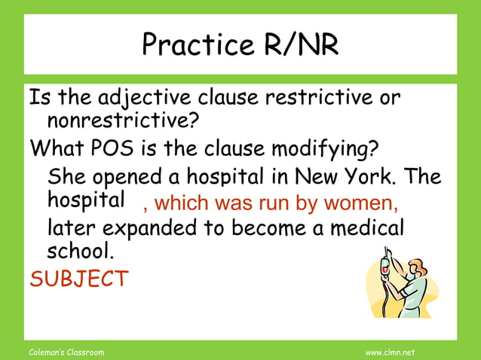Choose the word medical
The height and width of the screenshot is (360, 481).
pos(369,227)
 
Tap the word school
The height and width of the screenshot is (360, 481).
pos(79,250)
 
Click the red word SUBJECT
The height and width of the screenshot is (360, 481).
pos(78,278)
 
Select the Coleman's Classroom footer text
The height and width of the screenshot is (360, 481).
pos(66,352)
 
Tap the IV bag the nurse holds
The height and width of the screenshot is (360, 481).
pos(386,264)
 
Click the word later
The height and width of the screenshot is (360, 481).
pos(72,227)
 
